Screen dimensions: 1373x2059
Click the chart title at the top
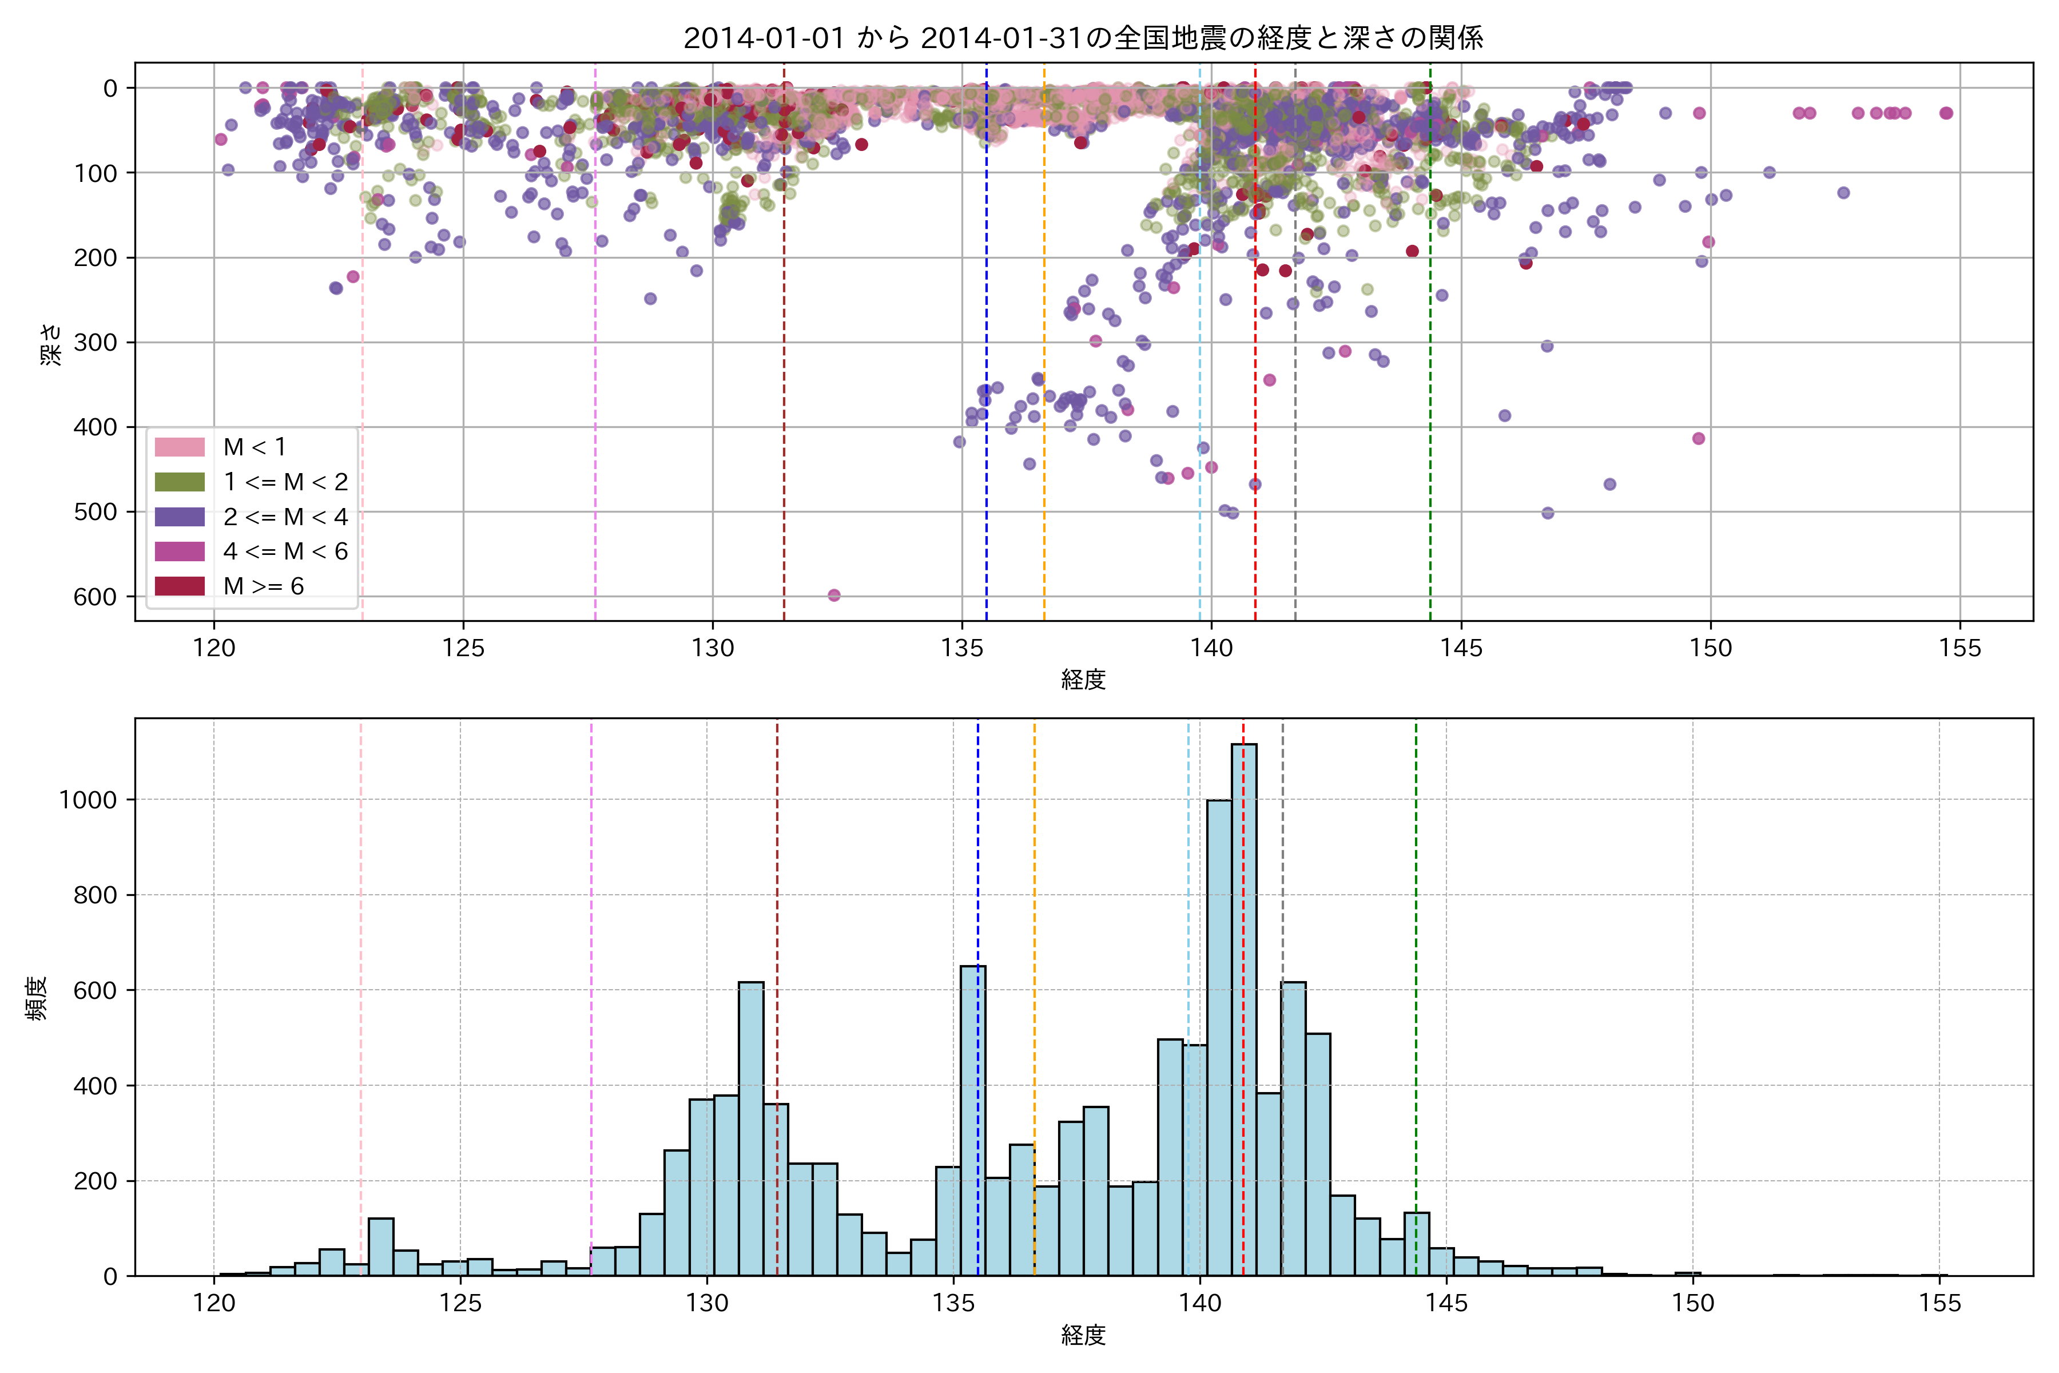coord(1083,38)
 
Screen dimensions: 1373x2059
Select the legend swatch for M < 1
coord(180,447)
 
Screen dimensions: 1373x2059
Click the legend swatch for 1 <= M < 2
coord(180,482)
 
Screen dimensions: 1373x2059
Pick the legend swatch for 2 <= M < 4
coord(180,517)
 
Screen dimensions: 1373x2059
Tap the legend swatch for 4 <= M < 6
coord(180,551)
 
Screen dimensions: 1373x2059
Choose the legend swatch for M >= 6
coord(180,586)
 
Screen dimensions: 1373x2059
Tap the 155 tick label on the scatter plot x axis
coord(1959,649)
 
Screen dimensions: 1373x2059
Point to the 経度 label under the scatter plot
coord(1083,680)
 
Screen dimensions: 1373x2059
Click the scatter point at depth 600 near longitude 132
coord(833,596)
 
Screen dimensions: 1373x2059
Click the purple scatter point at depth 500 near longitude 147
coord(1548,513)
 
